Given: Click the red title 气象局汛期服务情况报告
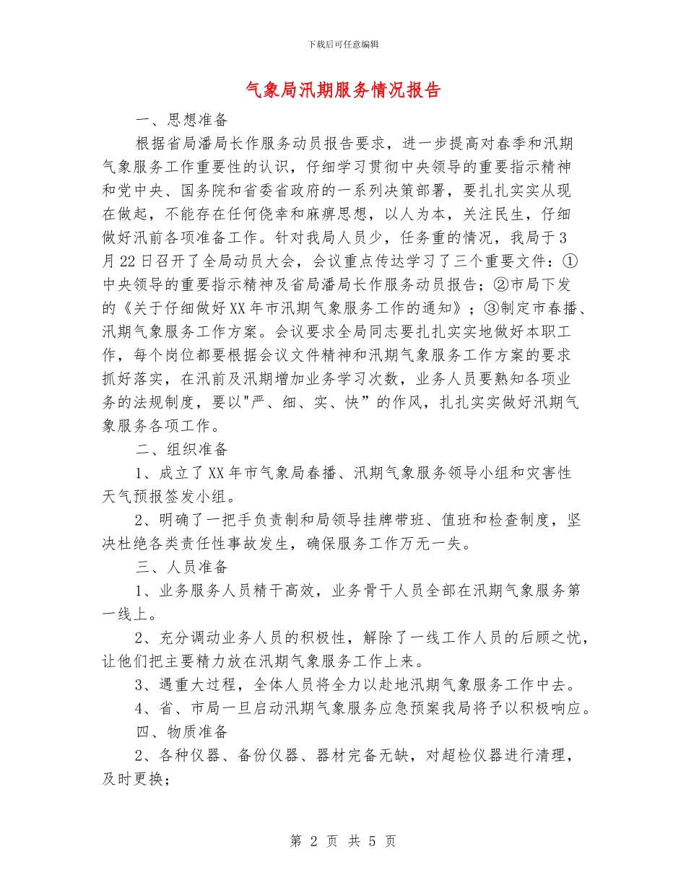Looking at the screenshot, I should pos(343,90).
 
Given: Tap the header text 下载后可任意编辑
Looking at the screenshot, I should pos(343,44).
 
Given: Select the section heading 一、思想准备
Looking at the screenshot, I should pos(182,119).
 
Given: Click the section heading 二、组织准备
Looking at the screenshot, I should pos(182,449).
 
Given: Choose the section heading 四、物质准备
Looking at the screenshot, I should pos(182,732).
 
